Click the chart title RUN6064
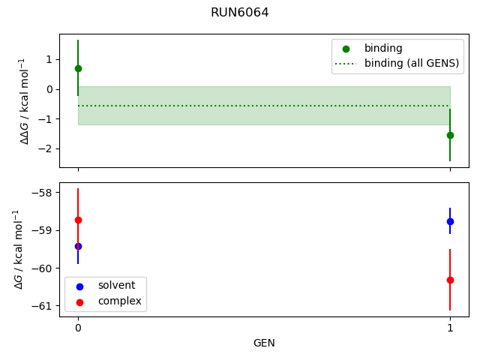coord(239,13)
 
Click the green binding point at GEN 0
coord(78,68)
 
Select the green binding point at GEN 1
coord(450,135)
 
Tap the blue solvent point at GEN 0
coord(78,246)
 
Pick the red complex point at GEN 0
coord(78,220)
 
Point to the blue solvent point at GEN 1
coord(450,221)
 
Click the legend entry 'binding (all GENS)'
coord(411,63)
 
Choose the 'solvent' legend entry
coord(116,286)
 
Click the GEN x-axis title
coord(264,343)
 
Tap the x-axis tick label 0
coord(78,328)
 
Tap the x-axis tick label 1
coord(450,328)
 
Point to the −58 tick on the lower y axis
coord(43,193)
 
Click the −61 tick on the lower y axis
coord(43,306)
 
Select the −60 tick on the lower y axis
coord(43,268)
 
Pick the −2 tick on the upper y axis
coord(46,148)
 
